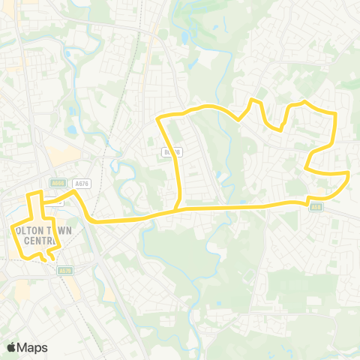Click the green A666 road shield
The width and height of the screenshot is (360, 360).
click(x=58, y=182)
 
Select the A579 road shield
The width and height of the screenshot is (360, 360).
click(x=65, y=271)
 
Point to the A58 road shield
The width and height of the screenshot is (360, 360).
click(x=316, y=208)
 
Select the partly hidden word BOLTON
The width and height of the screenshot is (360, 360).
click(x=24, y=231)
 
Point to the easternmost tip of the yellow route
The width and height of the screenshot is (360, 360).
click(x=349, y=175)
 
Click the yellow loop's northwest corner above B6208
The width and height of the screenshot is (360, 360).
click(x=157, y=118)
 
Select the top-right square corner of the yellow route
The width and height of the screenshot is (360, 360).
click(x=335, y=114)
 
